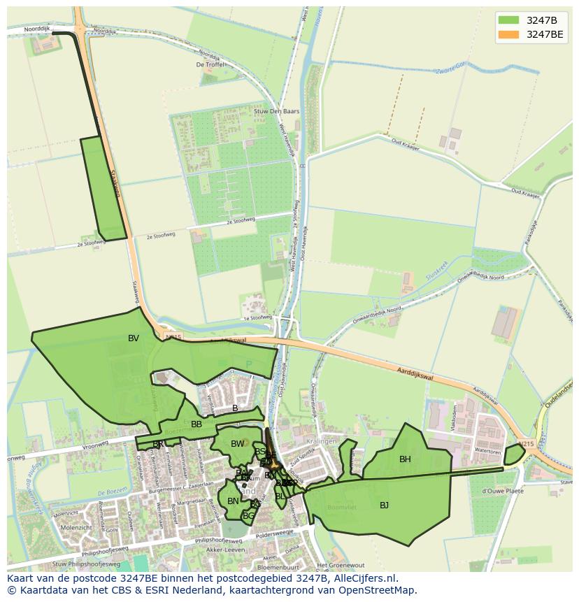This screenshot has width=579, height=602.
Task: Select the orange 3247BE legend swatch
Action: [508, 34]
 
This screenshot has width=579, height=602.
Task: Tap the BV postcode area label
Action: [134, 338]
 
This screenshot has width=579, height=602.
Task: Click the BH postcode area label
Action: [405, 459]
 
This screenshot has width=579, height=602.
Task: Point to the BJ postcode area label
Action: [384, 505]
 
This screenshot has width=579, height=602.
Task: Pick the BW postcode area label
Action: [238, 444]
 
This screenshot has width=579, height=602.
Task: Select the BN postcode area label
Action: [233, 501]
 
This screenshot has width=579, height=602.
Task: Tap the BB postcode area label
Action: [196, 424]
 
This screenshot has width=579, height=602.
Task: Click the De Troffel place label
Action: [210, 64]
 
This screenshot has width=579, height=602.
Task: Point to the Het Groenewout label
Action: [341, 565]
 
